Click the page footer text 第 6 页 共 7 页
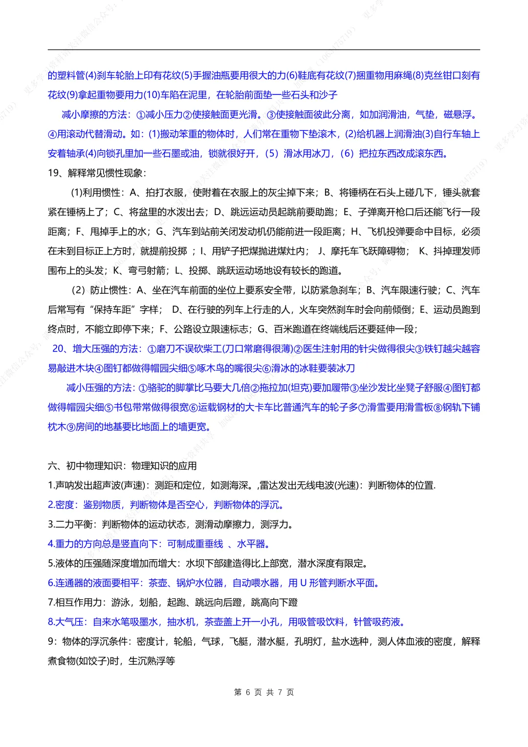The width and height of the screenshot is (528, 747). (264, 692)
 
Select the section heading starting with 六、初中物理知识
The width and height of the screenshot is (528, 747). (122, 466)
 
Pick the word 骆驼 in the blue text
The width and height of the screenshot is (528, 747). (157, 388)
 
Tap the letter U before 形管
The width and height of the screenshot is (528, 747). (303, 583)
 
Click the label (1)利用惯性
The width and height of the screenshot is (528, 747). (96, 193)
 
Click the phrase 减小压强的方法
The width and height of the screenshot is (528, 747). (100, 388)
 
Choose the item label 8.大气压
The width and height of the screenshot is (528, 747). (67, 622)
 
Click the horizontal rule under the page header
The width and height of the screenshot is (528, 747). (264, 49)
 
